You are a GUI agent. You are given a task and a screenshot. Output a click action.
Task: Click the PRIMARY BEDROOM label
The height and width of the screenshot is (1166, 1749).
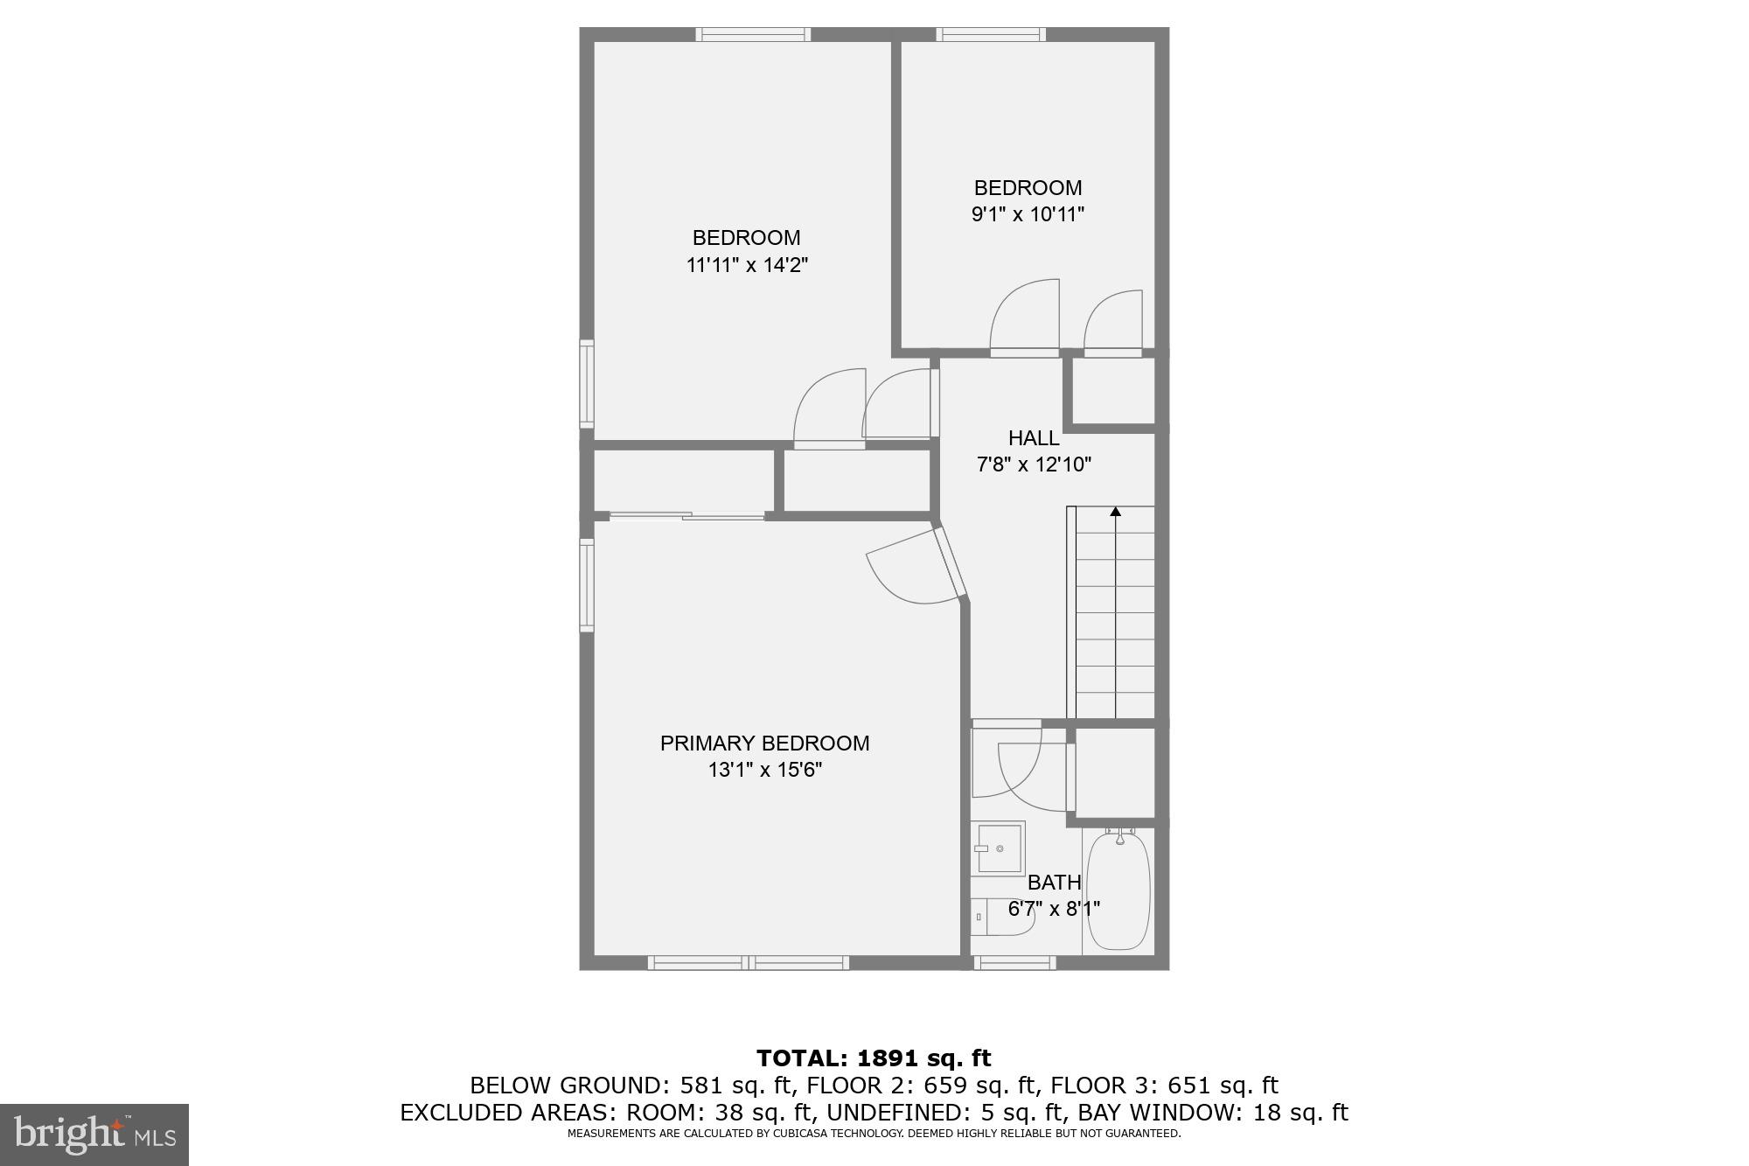[764, 744]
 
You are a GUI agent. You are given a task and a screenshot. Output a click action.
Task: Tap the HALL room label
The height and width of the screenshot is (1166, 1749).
[1034, 438]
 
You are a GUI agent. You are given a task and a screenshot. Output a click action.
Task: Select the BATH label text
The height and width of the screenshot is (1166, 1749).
[1054, 883]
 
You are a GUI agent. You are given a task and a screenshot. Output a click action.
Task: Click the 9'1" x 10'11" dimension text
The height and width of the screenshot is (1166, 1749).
[1028, 214]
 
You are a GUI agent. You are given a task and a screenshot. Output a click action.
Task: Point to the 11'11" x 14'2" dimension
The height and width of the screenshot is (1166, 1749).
[746, 265]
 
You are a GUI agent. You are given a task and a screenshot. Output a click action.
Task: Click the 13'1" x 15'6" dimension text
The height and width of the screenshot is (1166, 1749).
[764, 770]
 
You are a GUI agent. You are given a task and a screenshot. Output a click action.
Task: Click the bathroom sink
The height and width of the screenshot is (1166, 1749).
[1000, 848]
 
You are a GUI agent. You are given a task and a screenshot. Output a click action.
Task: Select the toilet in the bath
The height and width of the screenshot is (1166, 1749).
[1001, 917]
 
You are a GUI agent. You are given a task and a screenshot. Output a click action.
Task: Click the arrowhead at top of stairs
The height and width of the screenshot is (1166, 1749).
[1115, 512]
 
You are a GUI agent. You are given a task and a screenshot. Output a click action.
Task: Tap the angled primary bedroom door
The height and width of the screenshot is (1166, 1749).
[951, 564]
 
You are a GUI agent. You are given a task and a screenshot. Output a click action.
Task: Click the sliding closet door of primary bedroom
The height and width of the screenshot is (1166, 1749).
[686, 517]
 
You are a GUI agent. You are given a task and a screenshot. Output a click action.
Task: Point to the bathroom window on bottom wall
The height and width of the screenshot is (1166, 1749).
[1014, 963]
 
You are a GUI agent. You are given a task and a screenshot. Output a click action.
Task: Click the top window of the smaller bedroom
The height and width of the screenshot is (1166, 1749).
[991, 35]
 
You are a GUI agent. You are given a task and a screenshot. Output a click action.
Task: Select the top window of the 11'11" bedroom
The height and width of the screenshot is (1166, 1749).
[753, 35]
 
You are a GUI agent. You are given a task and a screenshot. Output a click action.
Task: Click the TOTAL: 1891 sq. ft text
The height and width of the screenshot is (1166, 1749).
[874, 1058]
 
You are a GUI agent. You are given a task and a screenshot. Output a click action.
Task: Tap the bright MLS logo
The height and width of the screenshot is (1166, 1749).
[94, 1135]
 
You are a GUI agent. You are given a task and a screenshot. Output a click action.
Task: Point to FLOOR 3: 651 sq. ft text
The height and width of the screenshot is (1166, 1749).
[1164, 1086]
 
